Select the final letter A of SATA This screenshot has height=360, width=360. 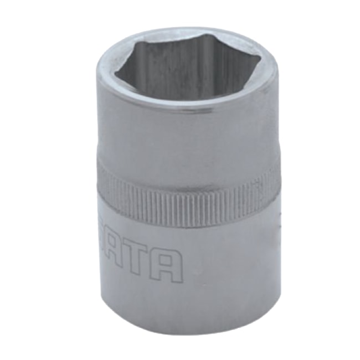click(169, 266)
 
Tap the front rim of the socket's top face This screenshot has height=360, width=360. click(188, 107)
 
